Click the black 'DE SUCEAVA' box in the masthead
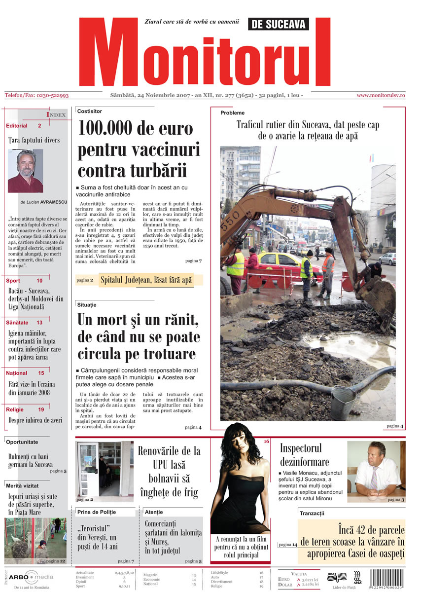280,24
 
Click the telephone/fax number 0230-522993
37,95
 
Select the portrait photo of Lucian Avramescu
25,171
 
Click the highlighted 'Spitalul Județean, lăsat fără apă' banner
146,280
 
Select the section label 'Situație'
87,305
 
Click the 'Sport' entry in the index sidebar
13,281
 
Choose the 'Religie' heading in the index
15,409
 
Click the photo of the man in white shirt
376,469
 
